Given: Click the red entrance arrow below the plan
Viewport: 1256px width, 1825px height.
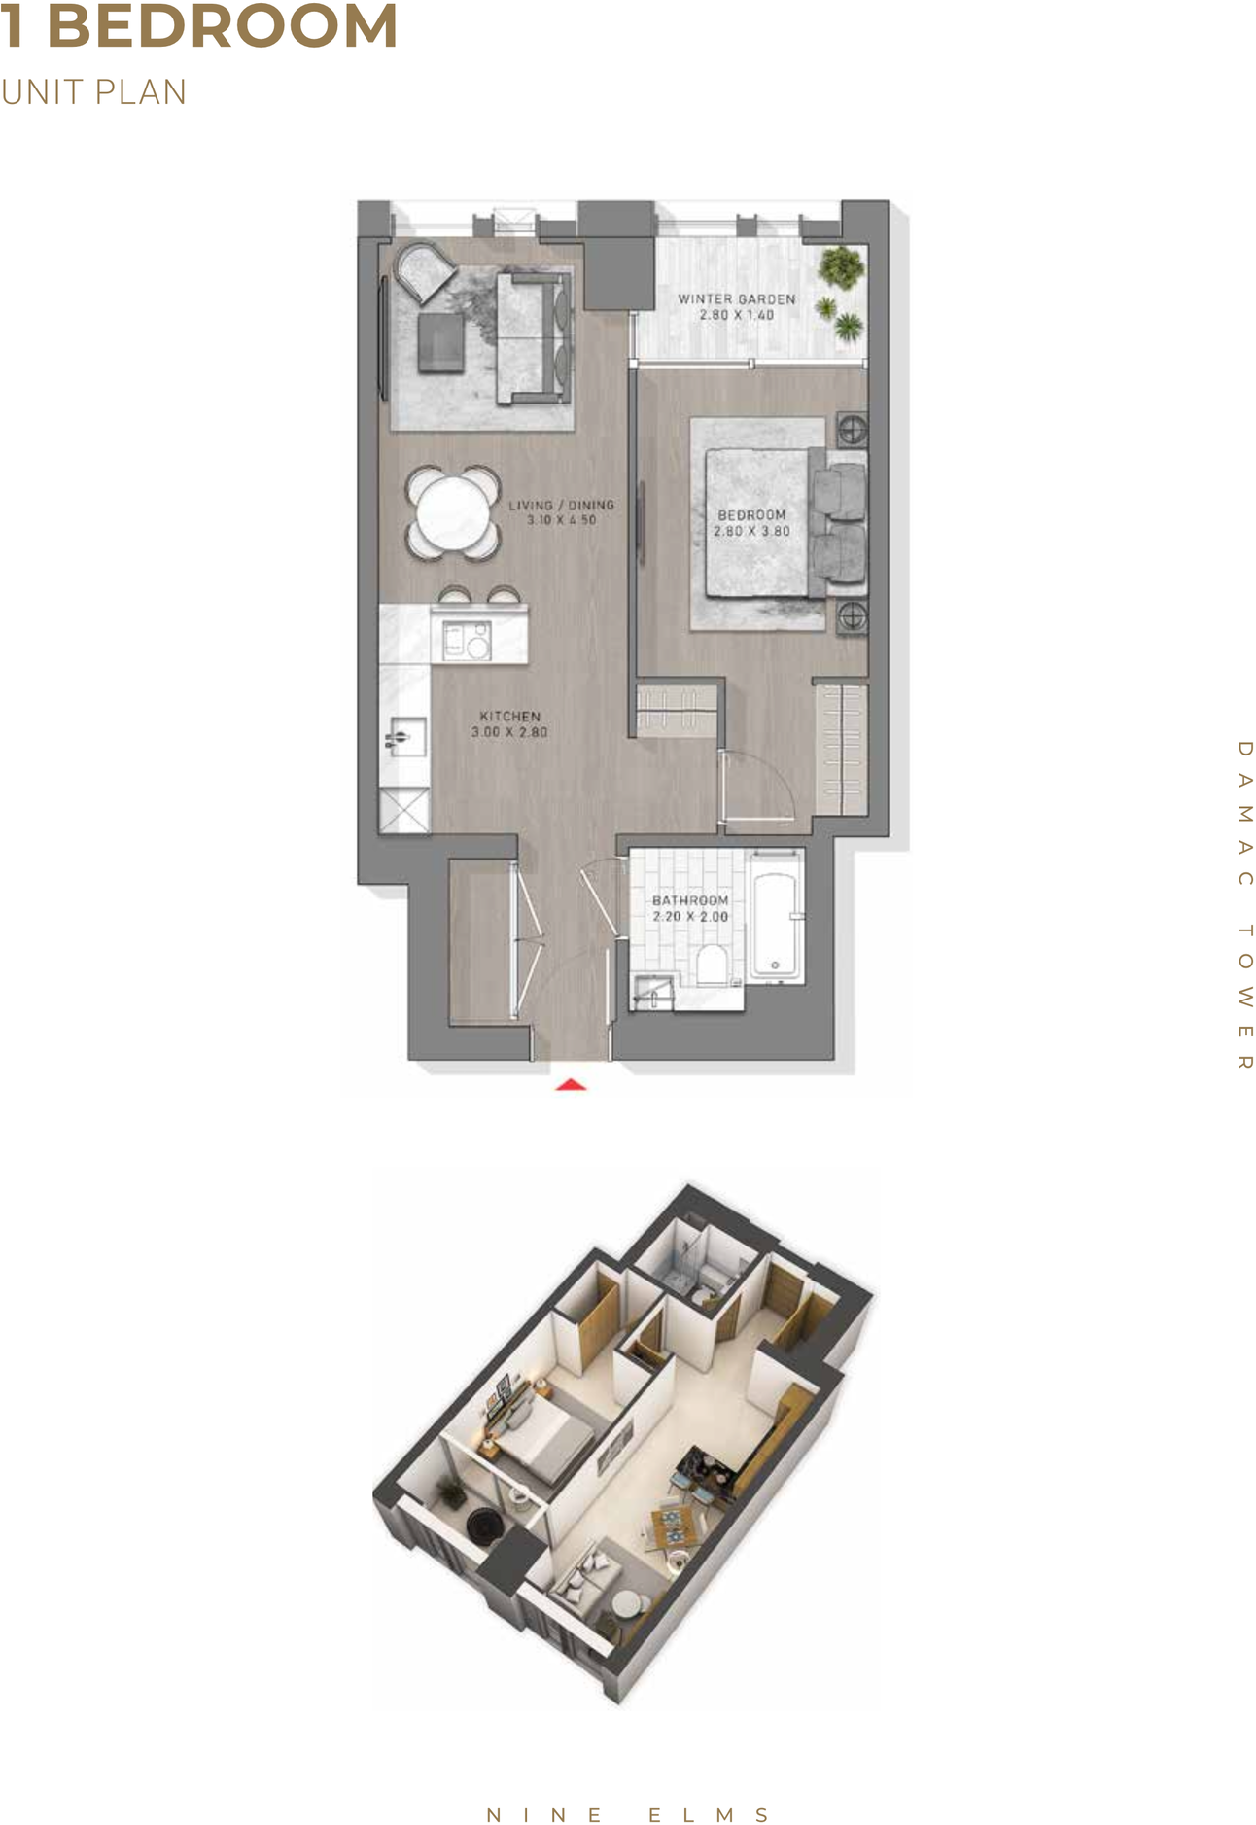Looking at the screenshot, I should (x=571, y=1084).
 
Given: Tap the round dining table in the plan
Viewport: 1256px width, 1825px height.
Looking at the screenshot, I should (x=452, y=512).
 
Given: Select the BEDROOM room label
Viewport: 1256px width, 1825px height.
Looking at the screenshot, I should (x=751, y=515).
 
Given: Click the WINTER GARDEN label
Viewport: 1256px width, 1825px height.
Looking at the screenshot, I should (x=737, y=299).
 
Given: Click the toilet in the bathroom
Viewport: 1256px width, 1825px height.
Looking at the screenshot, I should (x=713, y=965).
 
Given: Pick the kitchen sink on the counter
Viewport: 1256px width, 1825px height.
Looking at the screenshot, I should (x=404, y=737).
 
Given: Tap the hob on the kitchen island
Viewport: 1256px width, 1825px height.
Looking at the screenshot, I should (x=467, y=641).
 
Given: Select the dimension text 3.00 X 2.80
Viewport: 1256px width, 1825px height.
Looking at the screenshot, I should (x=509, y=732).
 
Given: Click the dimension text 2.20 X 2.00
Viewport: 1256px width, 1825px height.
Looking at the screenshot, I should (x=690, y=917).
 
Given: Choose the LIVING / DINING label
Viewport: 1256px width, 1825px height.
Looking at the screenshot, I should (x=561, y=506).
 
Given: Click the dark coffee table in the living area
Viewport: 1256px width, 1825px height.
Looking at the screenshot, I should (x=441, y=341).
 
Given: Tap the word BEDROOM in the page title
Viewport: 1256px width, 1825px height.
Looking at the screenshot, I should (x=223, y=26).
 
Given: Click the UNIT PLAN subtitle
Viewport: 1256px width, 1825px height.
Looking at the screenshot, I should (x=93, y=92).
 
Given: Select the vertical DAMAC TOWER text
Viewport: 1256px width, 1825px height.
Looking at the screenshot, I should (x=1244, y=904).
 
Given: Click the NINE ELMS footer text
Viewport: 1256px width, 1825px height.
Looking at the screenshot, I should (x=628, y=1815).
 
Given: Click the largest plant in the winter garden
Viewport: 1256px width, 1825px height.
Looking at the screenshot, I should (x=840, y=266).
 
